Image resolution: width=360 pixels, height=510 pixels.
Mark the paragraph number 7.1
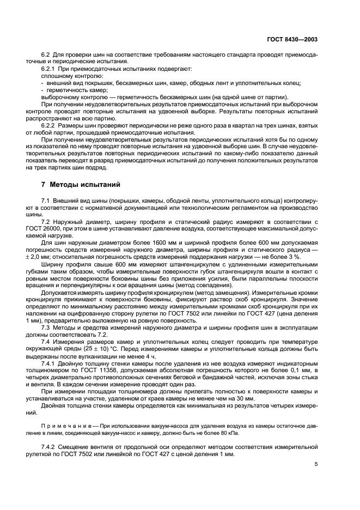pyautogui.click(x=46, y=202)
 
